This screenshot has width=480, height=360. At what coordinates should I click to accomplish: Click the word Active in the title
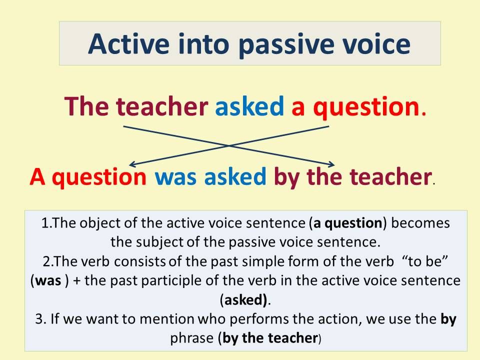coord(128,44)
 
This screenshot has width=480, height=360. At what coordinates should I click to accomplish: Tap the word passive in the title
coord(286,46)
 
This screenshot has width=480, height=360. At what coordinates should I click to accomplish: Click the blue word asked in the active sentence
coord(249,106)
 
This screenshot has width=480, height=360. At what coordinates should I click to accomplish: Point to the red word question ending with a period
coord(369,108)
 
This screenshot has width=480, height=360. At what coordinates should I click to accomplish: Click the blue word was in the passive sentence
coord(175,178)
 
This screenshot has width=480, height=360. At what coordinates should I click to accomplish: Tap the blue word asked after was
coord(235,176)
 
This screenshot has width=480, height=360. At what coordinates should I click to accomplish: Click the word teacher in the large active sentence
coord(162,106)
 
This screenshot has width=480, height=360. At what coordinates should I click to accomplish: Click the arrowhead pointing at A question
coord(131,164)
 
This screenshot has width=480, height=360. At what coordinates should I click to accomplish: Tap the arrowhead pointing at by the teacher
coord(332,164)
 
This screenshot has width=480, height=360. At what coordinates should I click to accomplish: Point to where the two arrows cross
coord(228,145)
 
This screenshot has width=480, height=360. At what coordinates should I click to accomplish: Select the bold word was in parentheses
coord(48,281)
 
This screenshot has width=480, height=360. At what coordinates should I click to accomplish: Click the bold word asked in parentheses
coord(245,300)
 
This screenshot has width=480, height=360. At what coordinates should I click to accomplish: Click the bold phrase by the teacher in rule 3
coord(270,338)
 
